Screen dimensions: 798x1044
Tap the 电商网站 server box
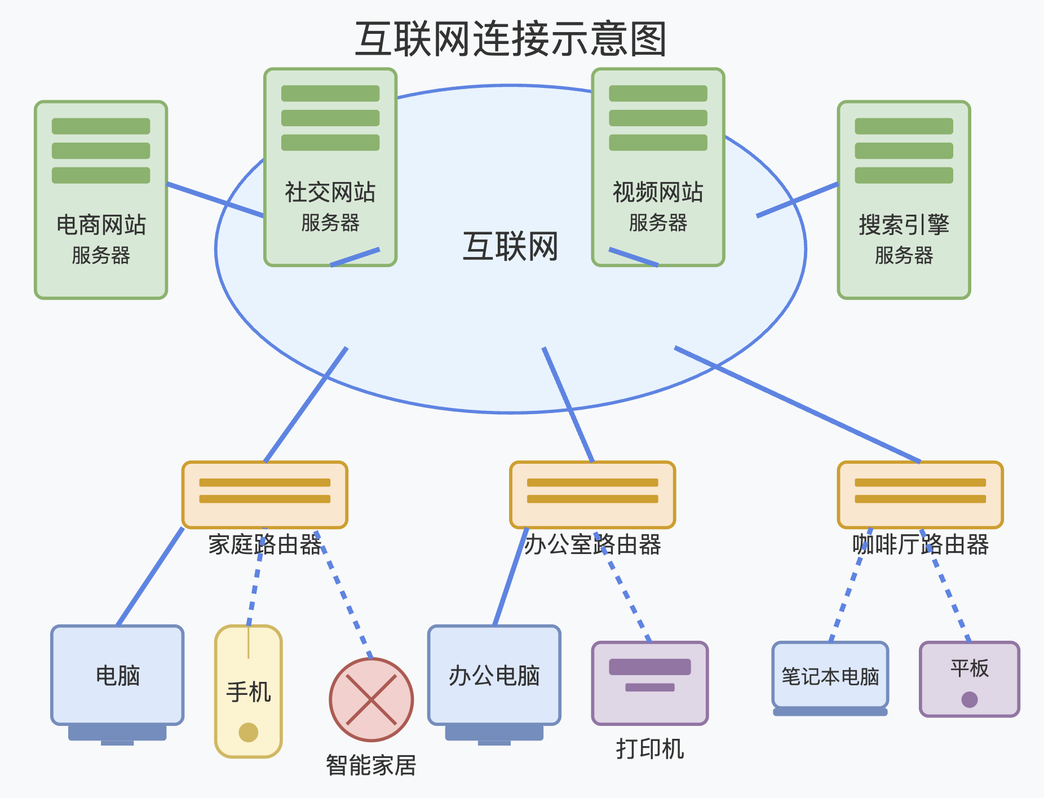101,200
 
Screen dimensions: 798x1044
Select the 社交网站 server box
330,167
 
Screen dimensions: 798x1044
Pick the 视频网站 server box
658,167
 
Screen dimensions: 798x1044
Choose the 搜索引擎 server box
904,200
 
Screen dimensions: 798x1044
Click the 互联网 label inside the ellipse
511,246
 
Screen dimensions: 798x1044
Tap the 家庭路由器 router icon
264,494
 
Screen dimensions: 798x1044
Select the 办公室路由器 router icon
592,494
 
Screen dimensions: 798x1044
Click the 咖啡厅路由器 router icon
920,494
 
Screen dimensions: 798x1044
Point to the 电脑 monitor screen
117,675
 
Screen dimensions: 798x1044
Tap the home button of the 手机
249,732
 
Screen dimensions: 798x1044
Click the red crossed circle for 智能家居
371,699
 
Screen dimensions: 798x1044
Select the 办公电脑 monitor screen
494,675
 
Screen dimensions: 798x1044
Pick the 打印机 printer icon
650,682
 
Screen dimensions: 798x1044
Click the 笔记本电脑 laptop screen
830,675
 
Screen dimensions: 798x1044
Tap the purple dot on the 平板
970,699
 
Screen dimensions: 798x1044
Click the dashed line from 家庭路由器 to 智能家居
345,595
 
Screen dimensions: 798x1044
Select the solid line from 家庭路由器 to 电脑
150,576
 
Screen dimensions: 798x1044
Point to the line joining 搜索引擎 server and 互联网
797,200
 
